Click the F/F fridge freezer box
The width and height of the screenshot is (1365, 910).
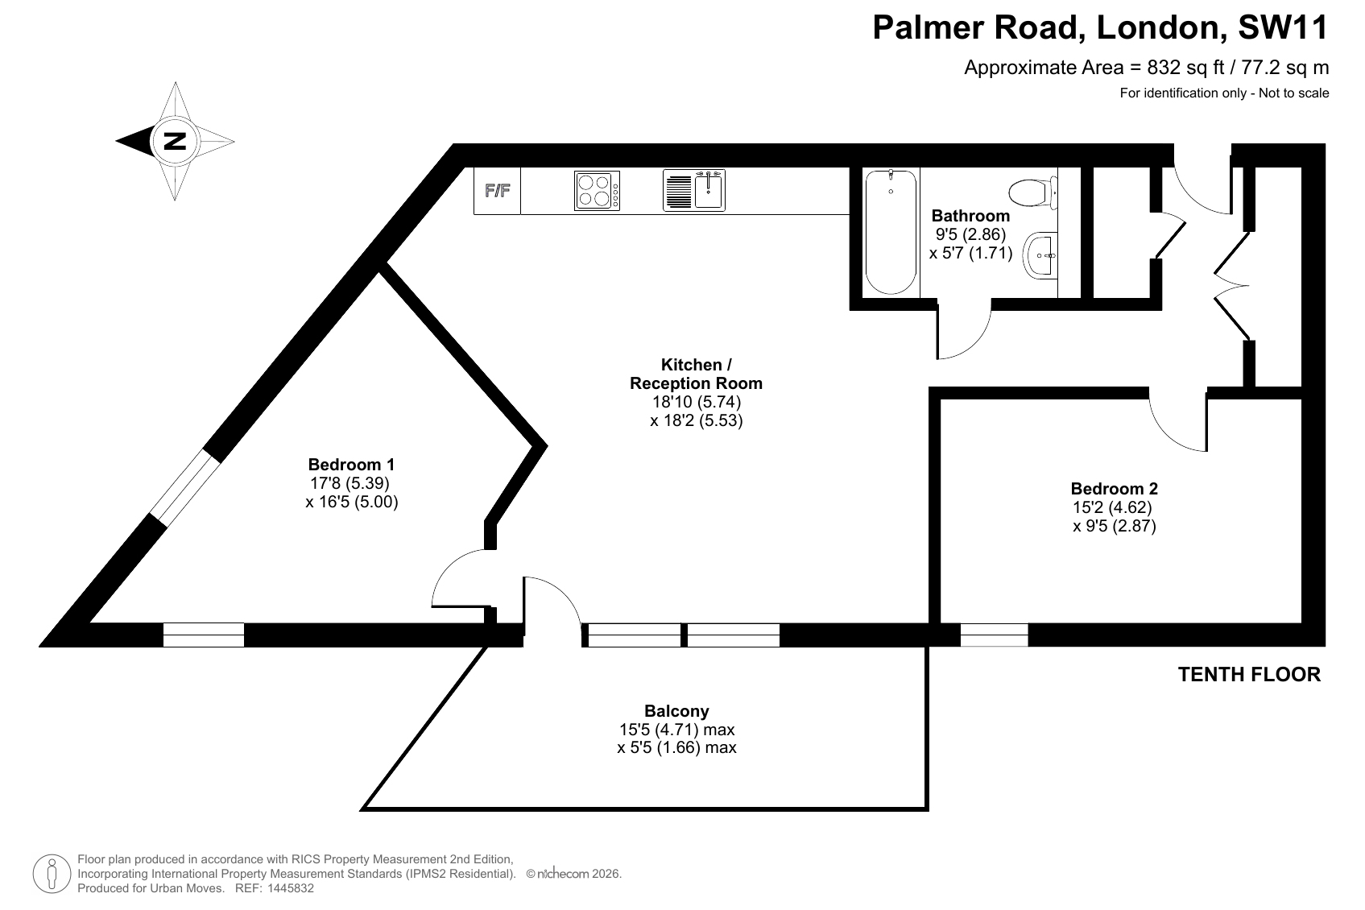497,191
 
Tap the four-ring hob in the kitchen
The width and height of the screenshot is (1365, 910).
598,191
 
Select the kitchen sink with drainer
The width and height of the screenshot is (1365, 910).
694,191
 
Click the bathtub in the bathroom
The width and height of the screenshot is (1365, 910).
891,232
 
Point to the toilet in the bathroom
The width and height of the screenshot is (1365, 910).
1033,193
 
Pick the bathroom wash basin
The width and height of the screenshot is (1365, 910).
1040,255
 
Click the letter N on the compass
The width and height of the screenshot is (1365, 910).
175,142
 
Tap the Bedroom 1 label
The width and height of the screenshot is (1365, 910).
352,465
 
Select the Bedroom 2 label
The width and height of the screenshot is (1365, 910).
1115,488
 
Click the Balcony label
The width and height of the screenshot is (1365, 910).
676,711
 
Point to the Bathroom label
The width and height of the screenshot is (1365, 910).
970,216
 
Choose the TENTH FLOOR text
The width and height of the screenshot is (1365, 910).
1249,674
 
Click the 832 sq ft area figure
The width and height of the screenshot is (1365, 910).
1185,67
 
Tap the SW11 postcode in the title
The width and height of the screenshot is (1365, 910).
1284,27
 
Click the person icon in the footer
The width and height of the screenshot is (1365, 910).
52,874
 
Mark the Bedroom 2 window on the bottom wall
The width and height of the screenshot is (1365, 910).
994,635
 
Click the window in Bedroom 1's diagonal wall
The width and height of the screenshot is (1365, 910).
184,487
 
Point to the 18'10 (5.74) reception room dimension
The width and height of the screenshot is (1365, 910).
697,402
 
